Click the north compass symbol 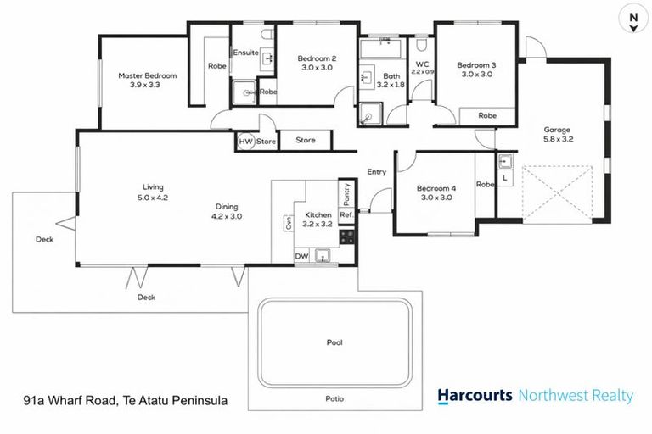tap(632, 18)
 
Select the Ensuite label tap(246, 53)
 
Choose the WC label tap(422, 64)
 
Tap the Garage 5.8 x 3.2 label tap(557, 136)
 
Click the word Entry tap(376, 172)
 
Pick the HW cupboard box tap(245, 142)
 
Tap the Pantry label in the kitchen tap(346, 194)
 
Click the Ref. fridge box tap(346, 215)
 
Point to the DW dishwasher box tap(301, 255)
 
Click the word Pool tap(335, 343)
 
